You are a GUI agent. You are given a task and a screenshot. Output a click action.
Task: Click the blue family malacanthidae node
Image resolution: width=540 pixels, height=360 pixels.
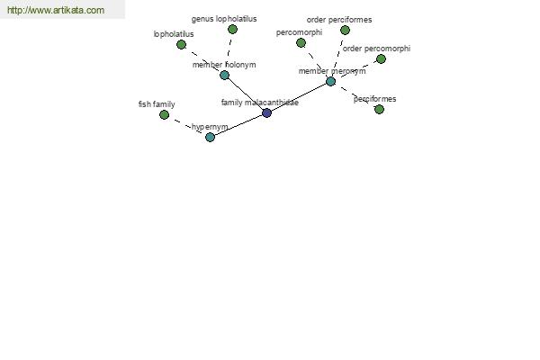click(266, 112)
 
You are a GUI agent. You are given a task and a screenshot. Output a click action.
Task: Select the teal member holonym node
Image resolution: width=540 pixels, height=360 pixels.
click(224, 75)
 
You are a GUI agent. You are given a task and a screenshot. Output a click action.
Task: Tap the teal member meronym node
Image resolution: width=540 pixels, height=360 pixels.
click(330, 81)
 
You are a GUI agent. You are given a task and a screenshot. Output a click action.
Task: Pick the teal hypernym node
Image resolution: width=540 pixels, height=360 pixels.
click(210, 137)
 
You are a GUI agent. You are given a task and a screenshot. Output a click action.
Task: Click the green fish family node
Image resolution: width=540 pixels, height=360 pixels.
click(165, 114)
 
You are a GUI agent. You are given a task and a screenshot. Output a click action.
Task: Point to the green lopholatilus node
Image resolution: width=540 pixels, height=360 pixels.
click(181, 44)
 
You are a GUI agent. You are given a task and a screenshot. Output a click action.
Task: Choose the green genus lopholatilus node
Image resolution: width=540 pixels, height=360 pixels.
click(232, 30)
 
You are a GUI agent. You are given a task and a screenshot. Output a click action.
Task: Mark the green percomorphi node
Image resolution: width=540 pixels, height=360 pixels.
click(301, 42)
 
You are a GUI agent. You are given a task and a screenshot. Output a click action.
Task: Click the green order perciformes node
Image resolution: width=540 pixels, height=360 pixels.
click(345, 31)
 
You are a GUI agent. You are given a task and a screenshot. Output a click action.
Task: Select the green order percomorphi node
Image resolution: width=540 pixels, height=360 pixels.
click(381, 58)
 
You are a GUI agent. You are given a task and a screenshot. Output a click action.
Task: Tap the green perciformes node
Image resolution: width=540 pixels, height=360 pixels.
click(379, 109)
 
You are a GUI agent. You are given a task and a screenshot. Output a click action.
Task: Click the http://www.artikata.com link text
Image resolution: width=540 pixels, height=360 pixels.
click(56, 10)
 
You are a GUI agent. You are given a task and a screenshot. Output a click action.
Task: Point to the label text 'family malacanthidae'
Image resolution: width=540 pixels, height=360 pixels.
click(260, 103)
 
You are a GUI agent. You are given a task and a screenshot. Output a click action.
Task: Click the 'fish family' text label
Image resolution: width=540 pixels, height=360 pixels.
click(157, 104)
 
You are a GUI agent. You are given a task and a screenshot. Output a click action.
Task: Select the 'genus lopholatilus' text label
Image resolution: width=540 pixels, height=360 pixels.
click(224, 19)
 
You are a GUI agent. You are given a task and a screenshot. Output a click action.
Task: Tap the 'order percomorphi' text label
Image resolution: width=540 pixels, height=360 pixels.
click(376, 49)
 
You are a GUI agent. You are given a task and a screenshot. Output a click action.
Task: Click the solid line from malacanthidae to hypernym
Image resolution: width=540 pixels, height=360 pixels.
click(238, 125)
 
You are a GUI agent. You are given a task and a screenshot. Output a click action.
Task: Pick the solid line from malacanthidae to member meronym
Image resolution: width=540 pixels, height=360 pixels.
click(299, 97)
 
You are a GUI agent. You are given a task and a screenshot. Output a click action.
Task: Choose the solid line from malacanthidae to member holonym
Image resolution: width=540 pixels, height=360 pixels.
click(246, 94)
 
